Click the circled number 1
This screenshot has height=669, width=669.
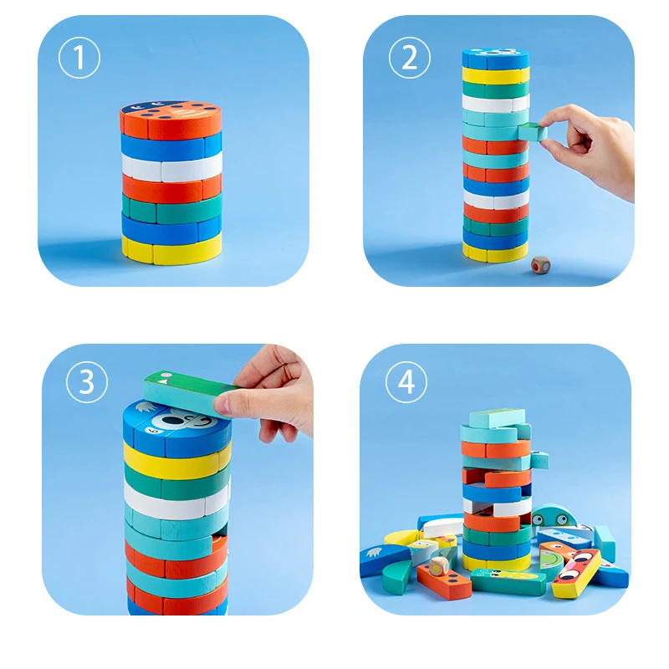(x=79, y=59)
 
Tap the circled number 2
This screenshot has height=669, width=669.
(x=409, y=59)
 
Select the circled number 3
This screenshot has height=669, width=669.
(x=86, y=381)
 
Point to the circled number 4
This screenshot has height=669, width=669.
(x=406, y=382)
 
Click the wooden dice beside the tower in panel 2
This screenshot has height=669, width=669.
(x=540, y=265)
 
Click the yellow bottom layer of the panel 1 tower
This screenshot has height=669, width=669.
(x=171, y=248)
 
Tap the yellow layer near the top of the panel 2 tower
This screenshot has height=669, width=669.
(x=495, y=75)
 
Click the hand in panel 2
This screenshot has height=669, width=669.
(x=594, y=142)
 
